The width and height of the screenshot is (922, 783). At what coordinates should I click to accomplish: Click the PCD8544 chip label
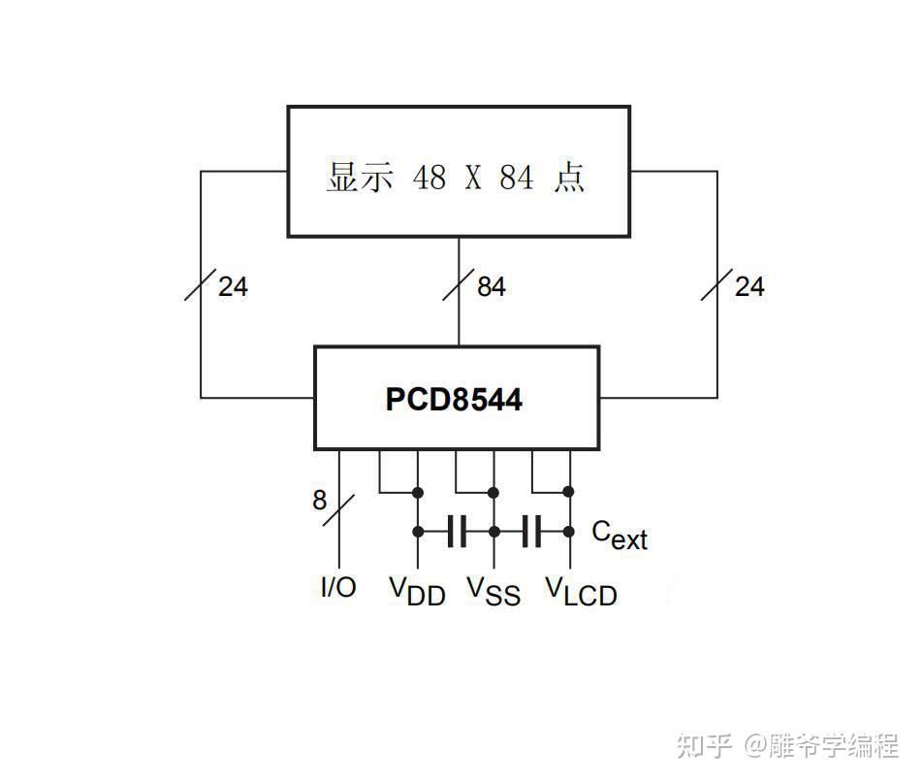pos(454,400)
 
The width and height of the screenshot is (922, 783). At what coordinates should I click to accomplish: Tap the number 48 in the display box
pos(430,178)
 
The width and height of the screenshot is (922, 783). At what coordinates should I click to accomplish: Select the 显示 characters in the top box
pos(360,178)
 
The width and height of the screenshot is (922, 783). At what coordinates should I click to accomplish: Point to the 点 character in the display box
pos(569,178)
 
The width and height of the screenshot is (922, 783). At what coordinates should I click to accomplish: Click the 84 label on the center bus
pos(491,287)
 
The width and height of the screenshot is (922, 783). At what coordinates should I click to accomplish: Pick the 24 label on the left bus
pos(233,287)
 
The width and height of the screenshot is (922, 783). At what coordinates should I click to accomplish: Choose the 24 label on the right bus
pos(748,287)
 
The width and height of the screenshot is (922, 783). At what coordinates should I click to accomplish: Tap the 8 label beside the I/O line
pos(320,501)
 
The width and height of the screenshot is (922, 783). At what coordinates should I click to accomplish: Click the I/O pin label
pos(338,587)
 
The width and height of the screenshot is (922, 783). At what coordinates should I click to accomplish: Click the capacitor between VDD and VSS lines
pos(457,532)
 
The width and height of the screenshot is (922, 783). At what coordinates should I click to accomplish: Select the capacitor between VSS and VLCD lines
pos(532,532)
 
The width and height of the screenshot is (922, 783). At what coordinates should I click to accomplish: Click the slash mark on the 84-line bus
pos(459,287)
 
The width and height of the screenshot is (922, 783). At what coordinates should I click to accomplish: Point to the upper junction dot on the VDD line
pos(418,491)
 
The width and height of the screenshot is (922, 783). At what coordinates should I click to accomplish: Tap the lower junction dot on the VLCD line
pos(569,532)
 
